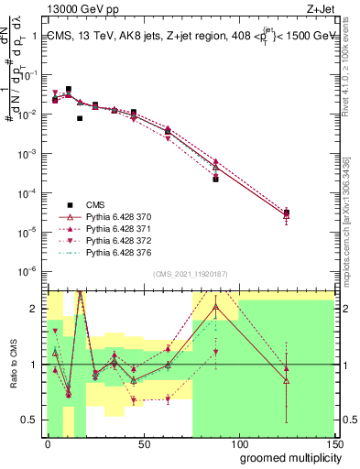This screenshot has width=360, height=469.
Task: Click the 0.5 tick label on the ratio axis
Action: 33,420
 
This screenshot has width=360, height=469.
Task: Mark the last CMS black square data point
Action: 287,213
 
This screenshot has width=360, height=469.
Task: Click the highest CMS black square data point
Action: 69,90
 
